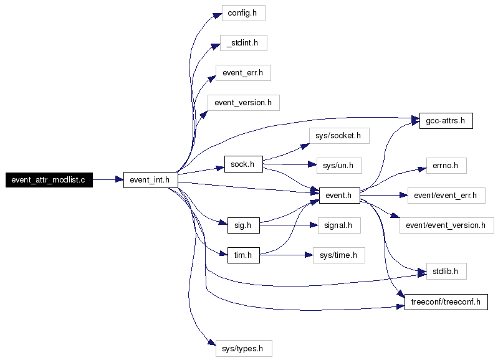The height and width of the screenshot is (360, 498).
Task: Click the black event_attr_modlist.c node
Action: point(49,180)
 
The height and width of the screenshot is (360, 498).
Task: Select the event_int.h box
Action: point(151,180)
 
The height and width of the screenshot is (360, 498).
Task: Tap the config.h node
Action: point(243,13)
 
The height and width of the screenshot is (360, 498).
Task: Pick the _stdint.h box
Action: point(244,43)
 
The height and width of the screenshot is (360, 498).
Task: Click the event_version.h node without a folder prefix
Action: point(244,103)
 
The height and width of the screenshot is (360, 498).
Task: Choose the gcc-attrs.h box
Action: point(446,121)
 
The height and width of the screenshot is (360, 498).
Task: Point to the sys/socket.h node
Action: point(339,136)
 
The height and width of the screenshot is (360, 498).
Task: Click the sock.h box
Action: point(244,164)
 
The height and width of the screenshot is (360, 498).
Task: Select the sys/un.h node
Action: point(339,166)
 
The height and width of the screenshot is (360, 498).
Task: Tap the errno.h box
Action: point(446,166)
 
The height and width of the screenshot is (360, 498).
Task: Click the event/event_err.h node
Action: point(446,196)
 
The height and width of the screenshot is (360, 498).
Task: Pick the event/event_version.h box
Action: point(446,225)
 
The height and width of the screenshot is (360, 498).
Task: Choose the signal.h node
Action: point(339,225)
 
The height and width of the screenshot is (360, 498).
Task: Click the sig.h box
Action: point(244,225)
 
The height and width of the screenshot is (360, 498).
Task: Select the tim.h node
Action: point(244,255)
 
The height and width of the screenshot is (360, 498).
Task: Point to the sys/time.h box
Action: point(339,255)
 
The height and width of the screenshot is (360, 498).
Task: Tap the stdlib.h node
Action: point(446,272)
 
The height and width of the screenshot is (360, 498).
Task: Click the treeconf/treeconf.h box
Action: point(446,302)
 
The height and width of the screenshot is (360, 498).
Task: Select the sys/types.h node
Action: point(244,349)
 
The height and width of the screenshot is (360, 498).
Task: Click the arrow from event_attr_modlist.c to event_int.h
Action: point(108,179)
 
